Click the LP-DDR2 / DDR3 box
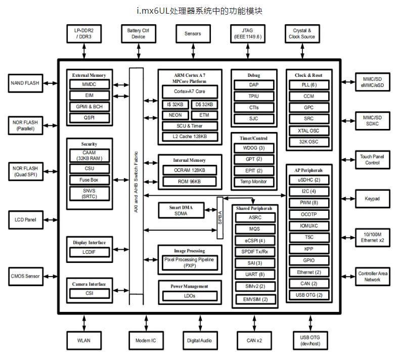point(84,33)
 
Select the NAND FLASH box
point(25,82)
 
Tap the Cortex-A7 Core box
point(190,92)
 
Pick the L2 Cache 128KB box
point(190,137)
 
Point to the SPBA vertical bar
point(220,217)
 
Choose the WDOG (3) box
point(254,148)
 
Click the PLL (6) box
point(309,85)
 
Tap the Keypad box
point(372,199)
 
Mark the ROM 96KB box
point(190,182)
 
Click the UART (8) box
point(255,274)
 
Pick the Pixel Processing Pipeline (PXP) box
point(189,263)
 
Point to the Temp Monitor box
point(254,182)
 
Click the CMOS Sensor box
point(25,276)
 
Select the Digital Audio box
point(200,341)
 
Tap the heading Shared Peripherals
point(254,208)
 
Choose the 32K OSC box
point(309,142)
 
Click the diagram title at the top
point(200,11)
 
